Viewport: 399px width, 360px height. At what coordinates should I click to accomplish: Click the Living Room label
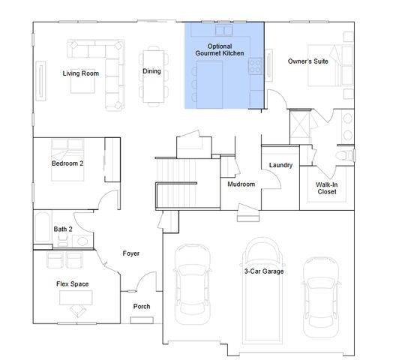click(x=80, y=73)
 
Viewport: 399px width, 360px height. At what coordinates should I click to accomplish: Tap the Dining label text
click(x=151, y=71)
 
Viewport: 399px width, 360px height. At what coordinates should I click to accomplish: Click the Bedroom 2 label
click(x=67, y=163)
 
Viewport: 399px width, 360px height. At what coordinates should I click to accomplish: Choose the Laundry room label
click(x=280, y=166)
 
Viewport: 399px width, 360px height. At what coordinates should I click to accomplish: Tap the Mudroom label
click(x=241, y=184)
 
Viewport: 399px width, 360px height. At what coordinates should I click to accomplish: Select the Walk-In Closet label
click(x=326, y=188)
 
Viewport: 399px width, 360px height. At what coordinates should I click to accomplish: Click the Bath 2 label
click(x=63, y=229)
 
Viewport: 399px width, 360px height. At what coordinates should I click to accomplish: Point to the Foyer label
click(x=130, y=253)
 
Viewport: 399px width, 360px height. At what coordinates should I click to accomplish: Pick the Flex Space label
click(x=73, y=284)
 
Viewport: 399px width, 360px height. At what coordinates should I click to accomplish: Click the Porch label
click(x=142, y=307)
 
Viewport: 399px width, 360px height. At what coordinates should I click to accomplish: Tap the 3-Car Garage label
click(x=263, y=271)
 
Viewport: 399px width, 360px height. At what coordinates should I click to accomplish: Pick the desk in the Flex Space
click(x=76, y=298)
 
